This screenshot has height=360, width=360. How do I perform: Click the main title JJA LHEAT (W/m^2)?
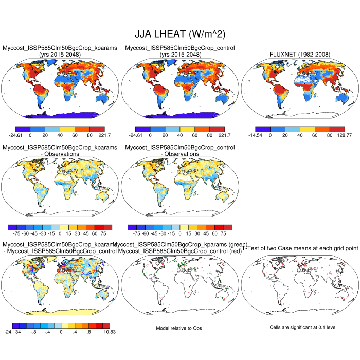[179, 34]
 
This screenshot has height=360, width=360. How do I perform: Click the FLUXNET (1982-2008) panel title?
[299, 55]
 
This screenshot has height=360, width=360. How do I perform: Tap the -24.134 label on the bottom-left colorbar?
[12, 332]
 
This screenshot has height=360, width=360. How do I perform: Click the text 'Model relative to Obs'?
[179, 328]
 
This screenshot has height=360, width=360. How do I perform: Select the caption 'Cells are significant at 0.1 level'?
[299, 328]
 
